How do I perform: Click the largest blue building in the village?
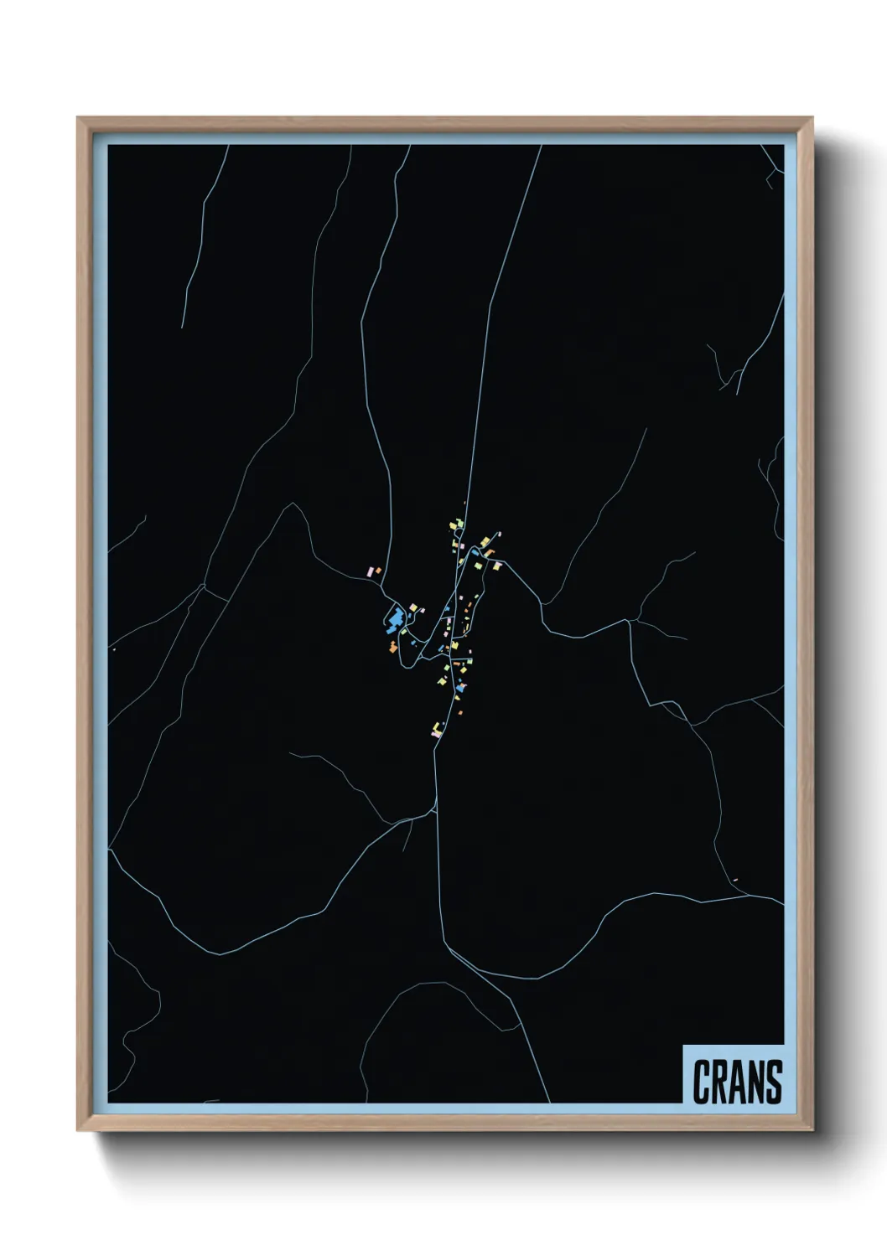393,621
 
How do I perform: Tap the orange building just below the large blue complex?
392,645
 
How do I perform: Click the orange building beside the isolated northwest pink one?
378,570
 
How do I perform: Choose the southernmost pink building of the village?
433,733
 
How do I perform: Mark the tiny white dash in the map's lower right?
735,879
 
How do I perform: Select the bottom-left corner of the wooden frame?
79,1130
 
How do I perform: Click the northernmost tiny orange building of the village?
464,504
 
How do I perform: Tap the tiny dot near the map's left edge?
112,649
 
